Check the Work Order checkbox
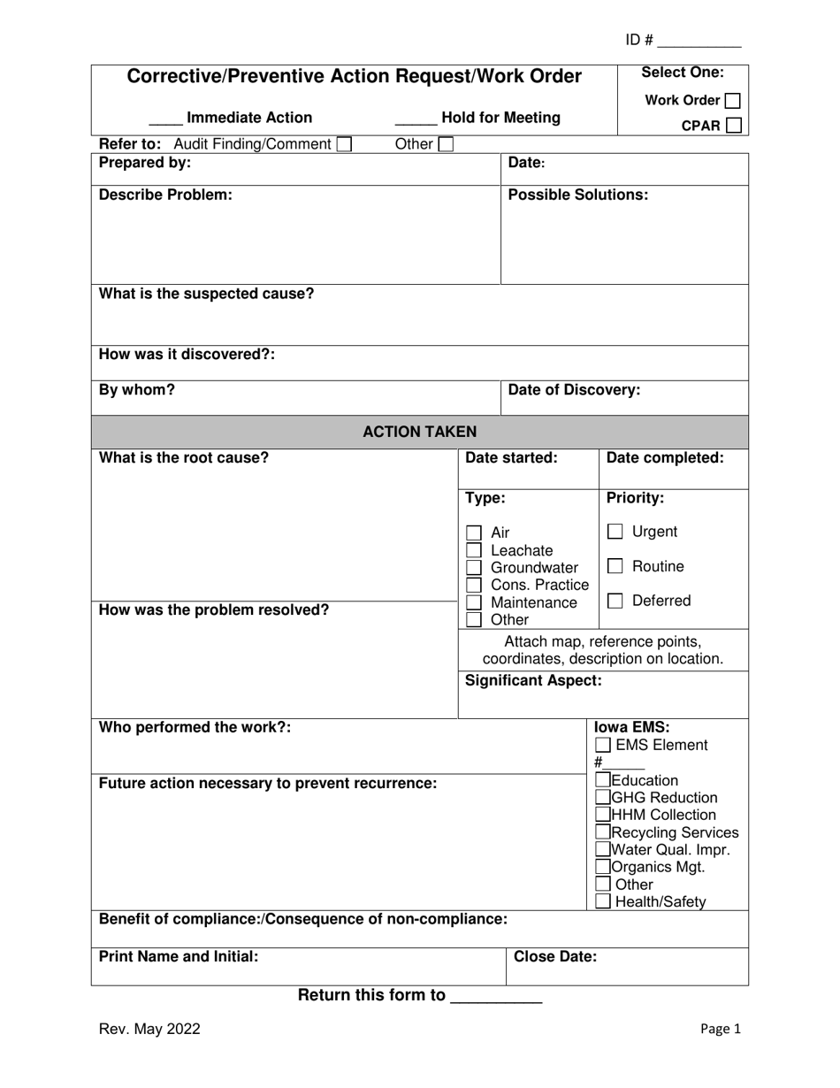click(732, 101)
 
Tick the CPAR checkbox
click(733, 126)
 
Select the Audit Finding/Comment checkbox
click(345, 144)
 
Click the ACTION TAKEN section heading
click(420, 432)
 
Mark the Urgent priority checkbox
click(615, 532)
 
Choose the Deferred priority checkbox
click(615, 601)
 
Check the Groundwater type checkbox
click(474, 568)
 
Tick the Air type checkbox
click(474, 533)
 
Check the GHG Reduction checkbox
click(603, 798)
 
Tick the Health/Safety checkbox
click(603, 902)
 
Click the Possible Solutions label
click(578, 195)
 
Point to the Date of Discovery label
click(574, 390)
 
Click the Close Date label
click(555, 956)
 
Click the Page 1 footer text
click(720, 1029)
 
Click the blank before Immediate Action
click(165, 122)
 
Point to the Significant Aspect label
click(533, 680)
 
